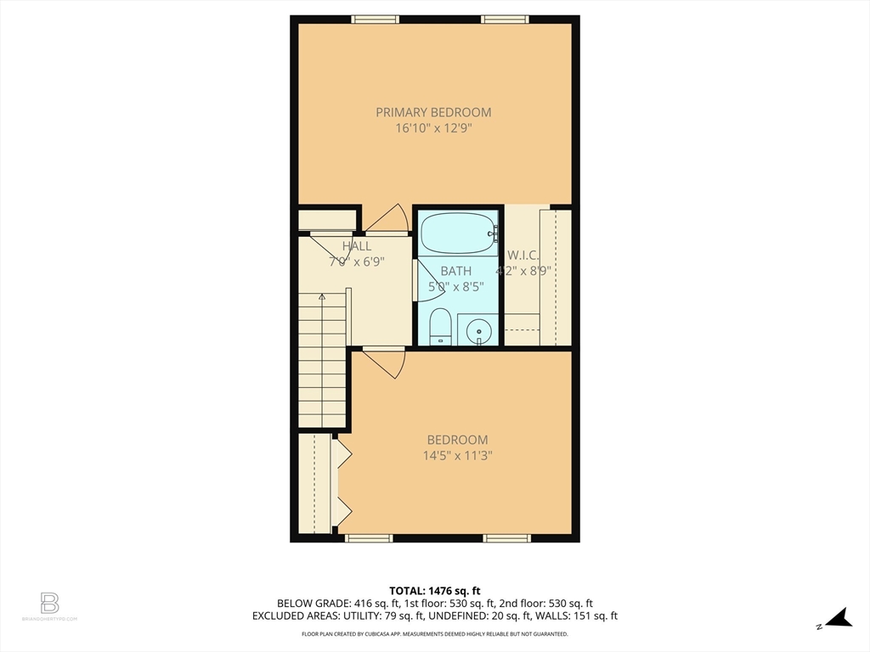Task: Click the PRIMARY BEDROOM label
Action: (433, 112)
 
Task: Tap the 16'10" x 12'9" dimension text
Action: (433, 129)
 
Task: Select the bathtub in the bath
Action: (458, 233)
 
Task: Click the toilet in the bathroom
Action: (439, 328)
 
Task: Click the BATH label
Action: (455, 271)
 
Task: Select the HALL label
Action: (357, 246)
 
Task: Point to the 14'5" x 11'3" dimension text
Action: (457, 456)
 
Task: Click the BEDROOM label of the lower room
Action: (457, 440)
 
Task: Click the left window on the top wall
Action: (376, 19)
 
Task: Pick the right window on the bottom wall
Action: (507, 537)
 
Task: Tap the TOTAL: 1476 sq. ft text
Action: (435, 591)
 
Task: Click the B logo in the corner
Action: (50, 604)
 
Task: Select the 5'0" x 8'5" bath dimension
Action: (455, 287)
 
